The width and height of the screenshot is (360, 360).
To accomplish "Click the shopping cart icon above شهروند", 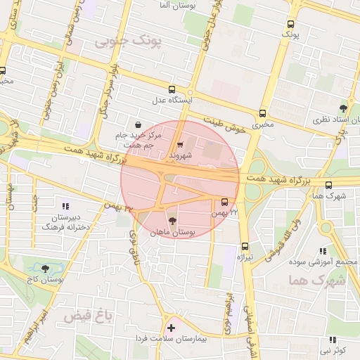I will tap(180, 143).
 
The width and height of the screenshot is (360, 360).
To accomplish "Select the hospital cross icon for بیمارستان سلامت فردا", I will tap(171, 328).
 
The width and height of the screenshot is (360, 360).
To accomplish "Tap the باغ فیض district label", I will tap(84, 316).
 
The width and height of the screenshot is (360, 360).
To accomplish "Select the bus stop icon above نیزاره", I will tap(245, 246).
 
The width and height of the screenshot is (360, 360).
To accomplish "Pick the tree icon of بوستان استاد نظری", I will tap(342, 108).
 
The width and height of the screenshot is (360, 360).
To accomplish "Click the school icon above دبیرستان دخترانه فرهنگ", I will tap(66, 207).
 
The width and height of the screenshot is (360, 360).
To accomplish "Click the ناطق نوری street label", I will tap(131, 244).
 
